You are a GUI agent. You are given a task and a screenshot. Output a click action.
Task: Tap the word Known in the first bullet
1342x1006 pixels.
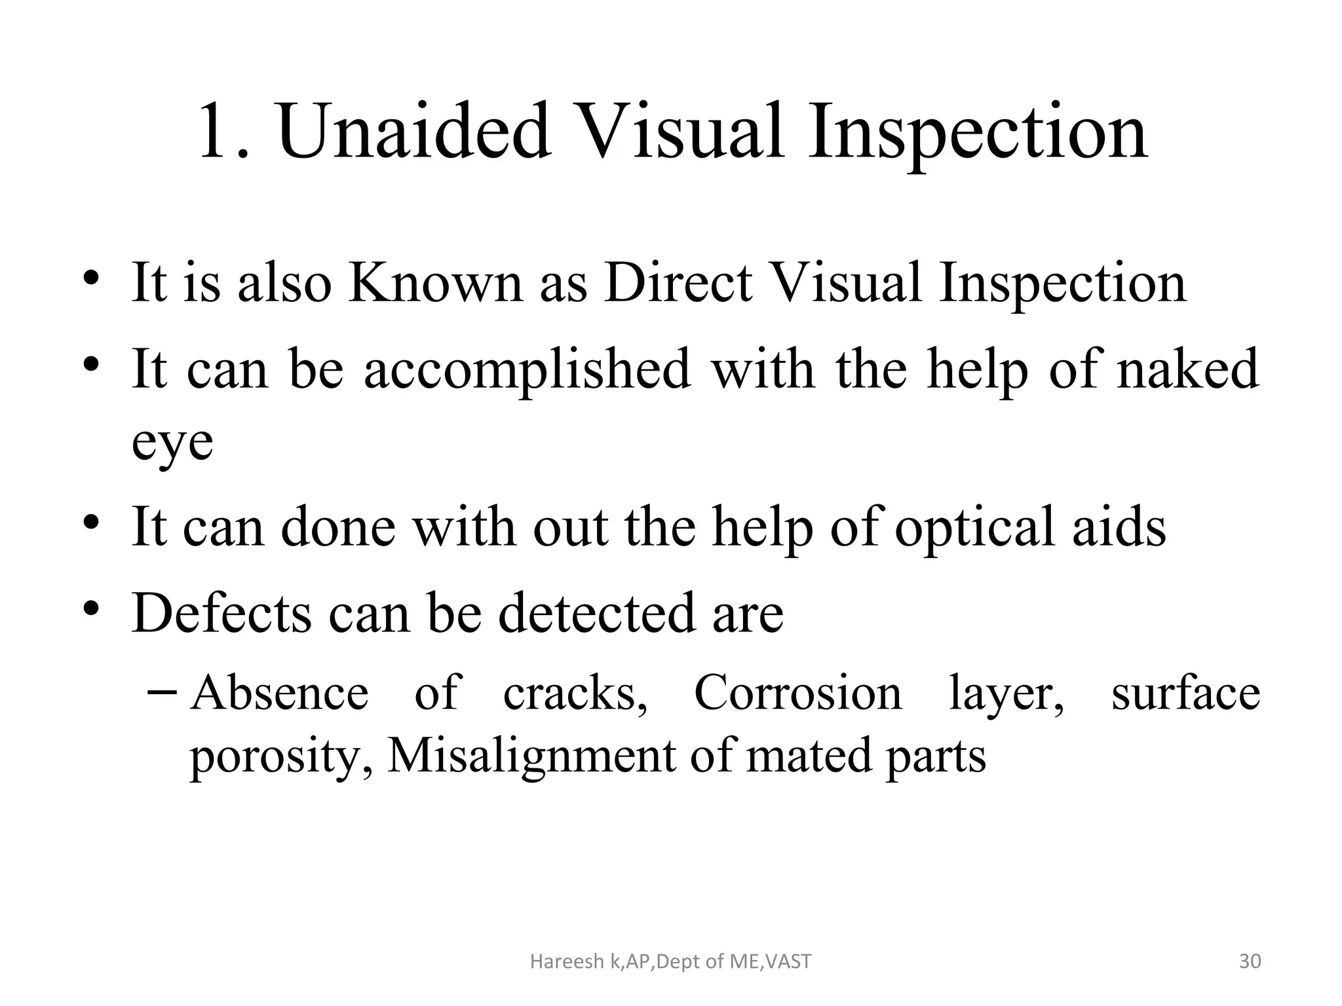point(434,283)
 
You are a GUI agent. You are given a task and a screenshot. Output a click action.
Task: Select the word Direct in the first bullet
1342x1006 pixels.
point(678,283)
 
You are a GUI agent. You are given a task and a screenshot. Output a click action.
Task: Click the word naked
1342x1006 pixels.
point(1187,369)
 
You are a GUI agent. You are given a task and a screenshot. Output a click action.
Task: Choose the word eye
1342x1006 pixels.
point(172,444)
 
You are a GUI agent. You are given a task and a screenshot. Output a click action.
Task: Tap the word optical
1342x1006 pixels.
point(975,527)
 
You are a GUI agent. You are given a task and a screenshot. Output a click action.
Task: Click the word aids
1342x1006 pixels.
point(1119,527)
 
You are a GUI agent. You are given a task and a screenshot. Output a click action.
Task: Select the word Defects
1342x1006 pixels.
point(221,613)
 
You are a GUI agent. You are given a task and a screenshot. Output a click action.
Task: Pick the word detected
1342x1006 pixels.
point(596,613)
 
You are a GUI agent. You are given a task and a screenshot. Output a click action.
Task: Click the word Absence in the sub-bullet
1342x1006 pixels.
point(280,693)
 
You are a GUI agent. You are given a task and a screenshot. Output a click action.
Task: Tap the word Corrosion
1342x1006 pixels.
point(797,693)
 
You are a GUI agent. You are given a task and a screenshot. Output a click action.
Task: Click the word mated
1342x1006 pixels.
point(811,756)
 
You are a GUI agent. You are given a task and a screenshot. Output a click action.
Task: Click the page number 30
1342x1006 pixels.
point(1250,961)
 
